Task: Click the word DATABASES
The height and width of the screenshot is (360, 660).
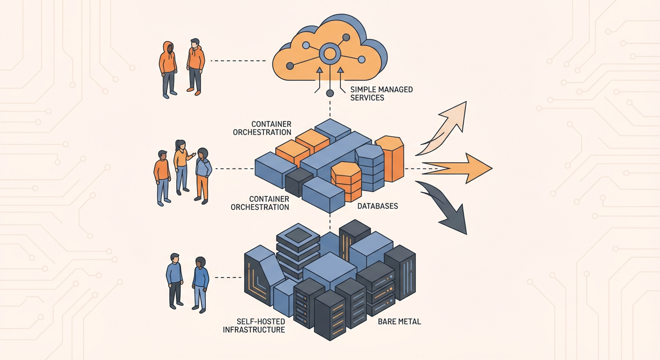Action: [377, 206]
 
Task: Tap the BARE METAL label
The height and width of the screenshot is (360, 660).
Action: [399, 322]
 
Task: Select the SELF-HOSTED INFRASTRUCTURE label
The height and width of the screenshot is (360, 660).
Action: [254, 325]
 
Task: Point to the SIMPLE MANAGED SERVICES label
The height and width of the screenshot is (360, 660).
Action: [382, 93]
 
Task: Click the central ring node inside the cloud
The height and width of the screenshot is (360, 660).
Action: [330, 54]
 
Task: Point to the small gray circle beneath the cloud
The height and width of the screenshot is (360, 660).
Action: [330, 93]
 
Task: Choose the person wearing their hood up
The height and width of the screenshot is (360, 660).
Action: [168, 69]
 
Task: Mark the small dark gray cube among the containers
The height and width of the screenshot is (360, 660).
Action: [299, 182]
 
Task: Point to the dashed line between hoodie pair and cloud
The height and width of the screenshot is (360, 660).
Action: [238, 61]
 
